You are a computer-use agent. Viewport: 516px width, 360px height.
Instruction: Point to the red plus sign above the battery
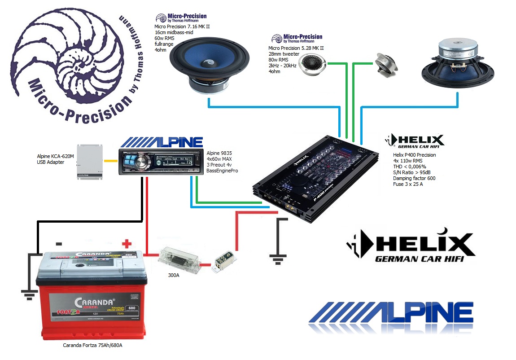point(127,244)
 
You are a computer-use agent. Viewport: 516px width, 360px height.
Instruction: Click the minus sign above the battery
point(59,244)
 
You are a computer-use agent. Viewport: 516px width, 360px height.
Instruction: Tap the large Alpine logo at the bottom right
point(390,316)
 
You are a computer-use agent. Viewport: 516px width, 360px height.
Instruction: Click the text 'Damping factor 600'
point(414,178)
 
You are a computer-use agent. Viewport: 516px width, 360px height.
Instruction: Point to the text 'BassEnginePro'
point(222,171)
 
